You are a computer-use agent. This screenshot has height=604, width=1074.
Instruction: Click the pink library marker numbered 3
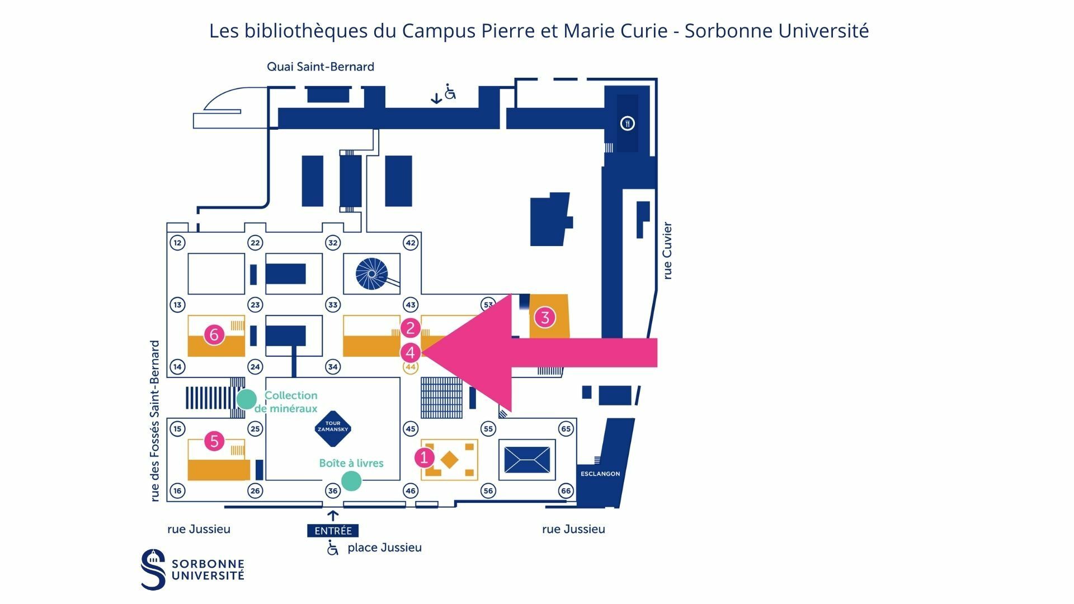(544, 317)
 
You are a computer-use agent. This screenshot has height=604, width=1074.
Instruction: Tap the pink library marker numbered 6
(214, 334)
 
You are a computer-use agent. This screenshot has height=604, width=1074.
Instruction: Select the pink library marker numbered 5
(214, 441)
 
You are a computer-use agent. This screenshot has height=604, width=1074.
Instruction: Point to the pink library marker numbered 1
(424, 457)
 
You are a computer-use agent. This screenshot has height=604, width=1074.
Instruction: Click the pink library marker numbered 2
(410, 328)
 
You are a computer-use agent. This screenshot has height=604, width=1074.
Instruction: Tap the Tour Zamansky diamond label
(333, 429)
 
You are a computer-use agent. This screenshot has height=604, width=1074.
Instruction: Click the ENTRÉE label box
(333, 531)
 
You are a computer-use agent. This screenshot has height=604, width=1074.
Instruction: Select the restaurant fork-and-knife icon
(627, 123)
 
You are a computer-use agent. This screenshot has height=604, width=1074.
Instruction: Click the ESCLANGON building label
(600, 474)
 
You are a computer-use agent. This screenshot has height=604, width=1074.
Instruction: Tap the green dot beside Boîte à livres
(351, 480)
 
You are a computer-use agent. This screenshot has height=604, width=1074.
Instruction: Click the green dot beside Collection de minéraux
(246, 399)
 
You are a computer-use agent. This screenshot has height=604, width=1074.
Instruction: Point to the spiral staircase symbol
(371, 273)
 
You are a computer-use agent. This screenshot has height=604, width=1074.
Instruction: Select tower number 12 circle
(177, 243)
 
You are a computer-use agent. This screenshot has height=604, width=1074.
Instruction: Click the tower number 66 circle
(566, 491)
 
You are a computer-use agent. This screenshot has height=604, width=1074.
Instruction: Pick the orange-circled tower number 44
(411, 367)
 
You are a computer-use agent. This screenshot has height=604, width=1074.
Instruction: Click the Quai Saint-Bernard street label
(321, 67)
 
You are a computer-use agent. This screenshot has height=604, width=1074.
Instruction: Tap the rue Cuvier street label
(667, 251)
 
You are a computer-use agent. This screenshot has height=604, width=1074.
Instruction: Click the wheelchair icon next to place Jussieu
(333, 548)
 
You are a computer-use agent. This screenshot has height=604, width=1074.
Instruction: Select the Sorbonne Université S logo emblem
(153, 569)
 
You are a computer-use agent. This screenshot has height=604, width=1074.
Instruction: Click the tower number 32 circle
(333, 243)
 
